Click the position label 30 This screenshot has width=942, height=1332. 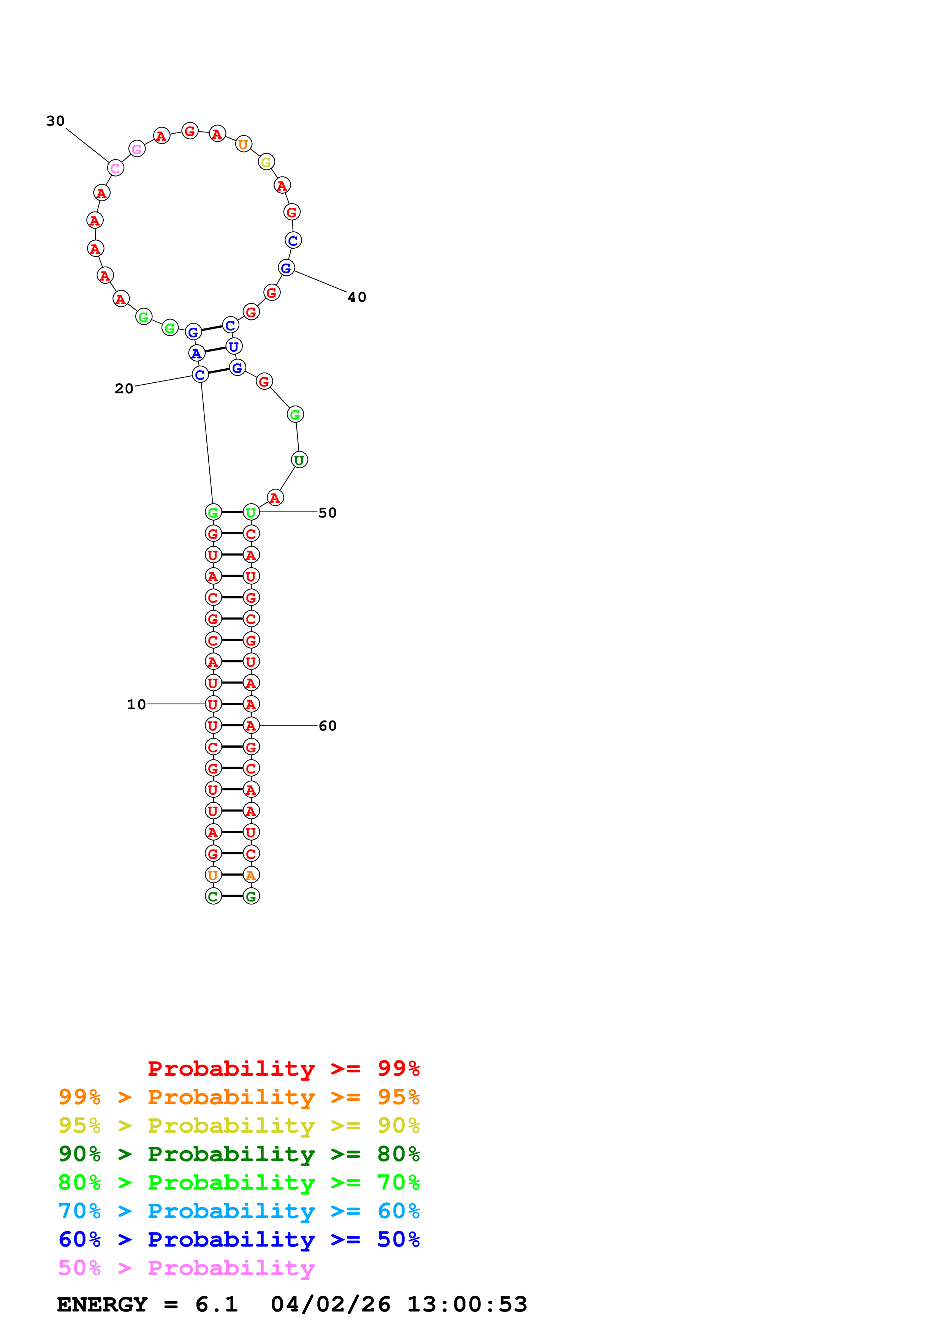[56, 121]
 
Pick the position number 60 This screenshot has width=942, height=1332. [327, 725]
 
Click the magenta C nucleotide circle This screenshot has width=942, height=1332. [116, 168]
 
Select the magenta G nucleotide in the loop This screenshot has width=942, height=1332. [137, 149]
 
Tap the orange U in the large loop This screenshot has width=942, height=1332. [243, 144]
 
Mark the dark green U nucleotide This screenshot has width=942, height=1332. [299, 460]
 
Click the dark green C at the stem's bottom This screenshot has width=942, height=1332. [213, 896]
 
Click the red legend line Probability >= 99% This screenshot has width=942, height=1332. [283, 1068]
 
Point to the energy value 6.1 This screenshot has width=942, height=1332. [217, 1304]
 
